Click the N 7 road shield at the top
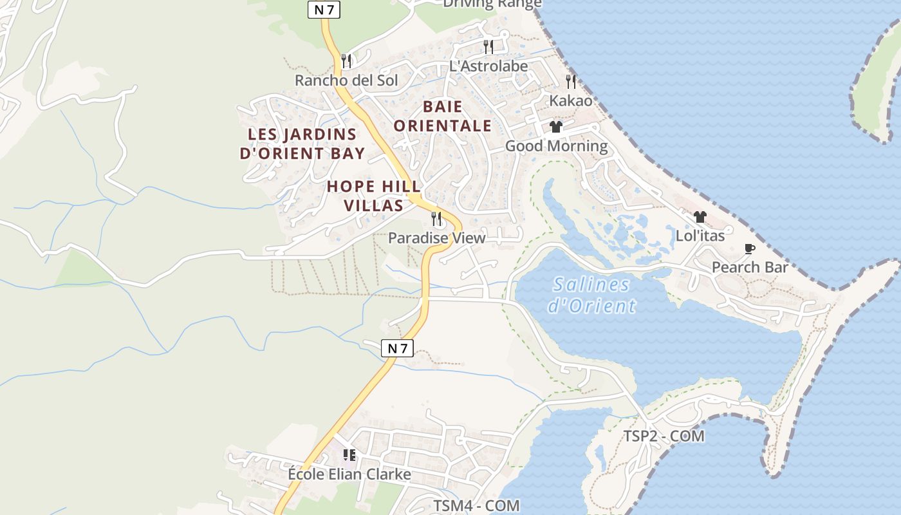324,10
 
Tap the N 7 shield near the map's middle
397,348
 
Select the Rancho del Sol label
346,80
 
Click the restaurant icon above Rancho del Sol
346,61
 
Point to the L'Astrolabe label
488,66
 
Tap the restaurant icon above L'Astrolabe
488,46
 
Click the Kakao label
570,101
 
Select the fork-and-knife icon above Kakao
571,81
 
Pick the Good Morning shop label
556,146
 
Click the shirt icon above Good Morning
556,127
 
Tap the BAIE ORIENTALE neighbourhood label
442,116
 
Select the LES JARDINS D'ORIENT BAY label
302,144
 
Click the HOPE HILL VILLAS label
374,196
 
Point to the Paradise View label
436,238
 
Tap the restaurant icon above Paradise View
437,219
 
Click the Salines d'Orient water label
591,295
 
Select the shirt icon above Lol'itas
700,217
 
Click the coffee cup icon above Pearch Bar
750,248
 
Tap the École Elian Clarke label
349,474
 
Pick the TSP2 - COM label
664,436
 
